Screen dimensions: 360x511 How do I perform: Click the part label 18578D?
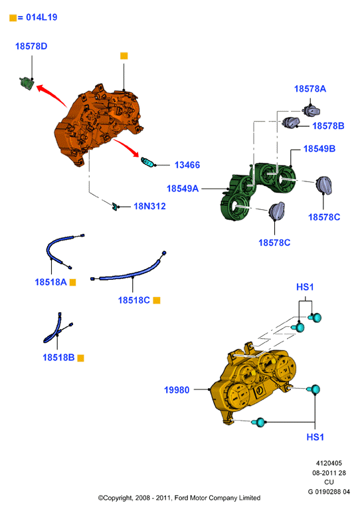tap(31, 47)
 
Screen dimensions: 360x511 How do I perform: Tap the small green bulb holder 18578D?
tap(27, 83)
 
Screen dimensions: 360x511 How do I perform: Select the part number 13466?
tap(187, 165)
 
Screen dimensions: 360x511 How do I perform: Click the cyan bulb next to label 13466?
tap(147, 161)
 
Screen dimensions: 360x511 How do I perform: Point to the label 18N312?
tap(149, 206)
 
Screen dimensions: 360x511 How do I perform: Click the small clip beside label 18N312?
tap(115, 206)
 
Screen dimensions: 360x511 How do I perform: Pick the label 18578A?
tap(310, 88)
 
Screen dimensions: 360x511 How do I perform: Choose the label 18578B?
tap(328, 126)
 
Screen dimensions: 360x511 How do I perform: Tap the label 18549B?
tap(319, 149)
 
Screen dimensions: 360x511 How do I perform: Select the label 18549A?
tap(183, 188)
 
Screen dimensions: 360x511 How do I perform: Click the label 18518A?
tap(51, 282)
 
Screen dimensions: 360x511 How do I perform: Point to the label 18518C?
tap(134, 300)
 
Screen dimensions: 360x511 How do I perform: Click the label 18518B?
tap(58, 358)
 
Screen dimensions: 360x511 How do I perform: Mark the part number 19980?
tap(177, 390)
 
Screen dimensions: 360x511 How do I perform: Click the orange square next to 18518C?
tap(157, 300)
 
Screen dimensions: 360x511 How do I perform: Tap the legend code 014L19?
tap(41, 17)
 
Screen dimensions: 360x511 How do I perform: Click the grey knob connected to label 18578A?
tap(312, 110)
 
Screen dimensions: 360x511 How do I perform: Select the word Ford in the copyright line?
tap(181, 498)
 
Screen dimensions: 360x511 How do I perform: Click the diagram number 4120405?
tap(329, 463)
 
